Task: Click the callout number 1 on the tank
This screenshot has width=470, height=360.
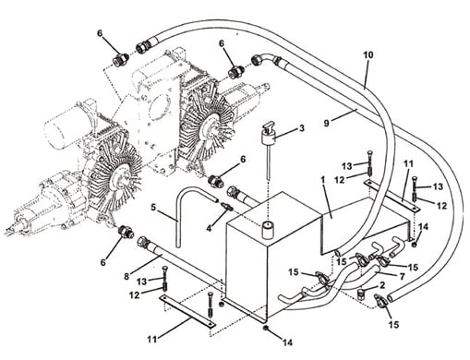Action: [x=323, y=180]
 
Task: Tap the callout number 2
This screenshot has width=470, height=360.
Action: [x=382, y=285]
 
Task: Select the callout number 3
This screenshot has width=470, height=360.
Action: [x=302, y=127]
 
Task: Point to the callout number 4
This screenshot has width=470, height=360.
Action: [x=209, y=228]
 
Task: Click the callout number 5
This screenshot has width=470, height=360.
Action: [x=153, y=207]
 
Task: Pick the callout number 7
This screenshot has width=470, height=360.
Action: [x=402, y=277]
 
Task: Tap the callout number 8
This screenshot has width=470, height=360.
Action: [x=127, y=276]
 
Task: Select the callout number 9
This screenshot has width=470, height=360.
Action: [x=327, y=123]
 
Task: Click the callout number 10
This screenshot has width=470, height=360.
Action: [x=368, y=55]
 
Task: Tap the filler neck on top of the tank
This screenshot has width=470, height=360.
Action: [x=267, y=230]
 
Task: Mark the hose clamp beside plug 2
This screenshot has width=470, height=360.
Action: [x=380, y=299]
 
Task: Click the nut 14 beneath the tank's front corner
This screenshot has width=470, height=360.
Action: [x=265, y=329]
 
